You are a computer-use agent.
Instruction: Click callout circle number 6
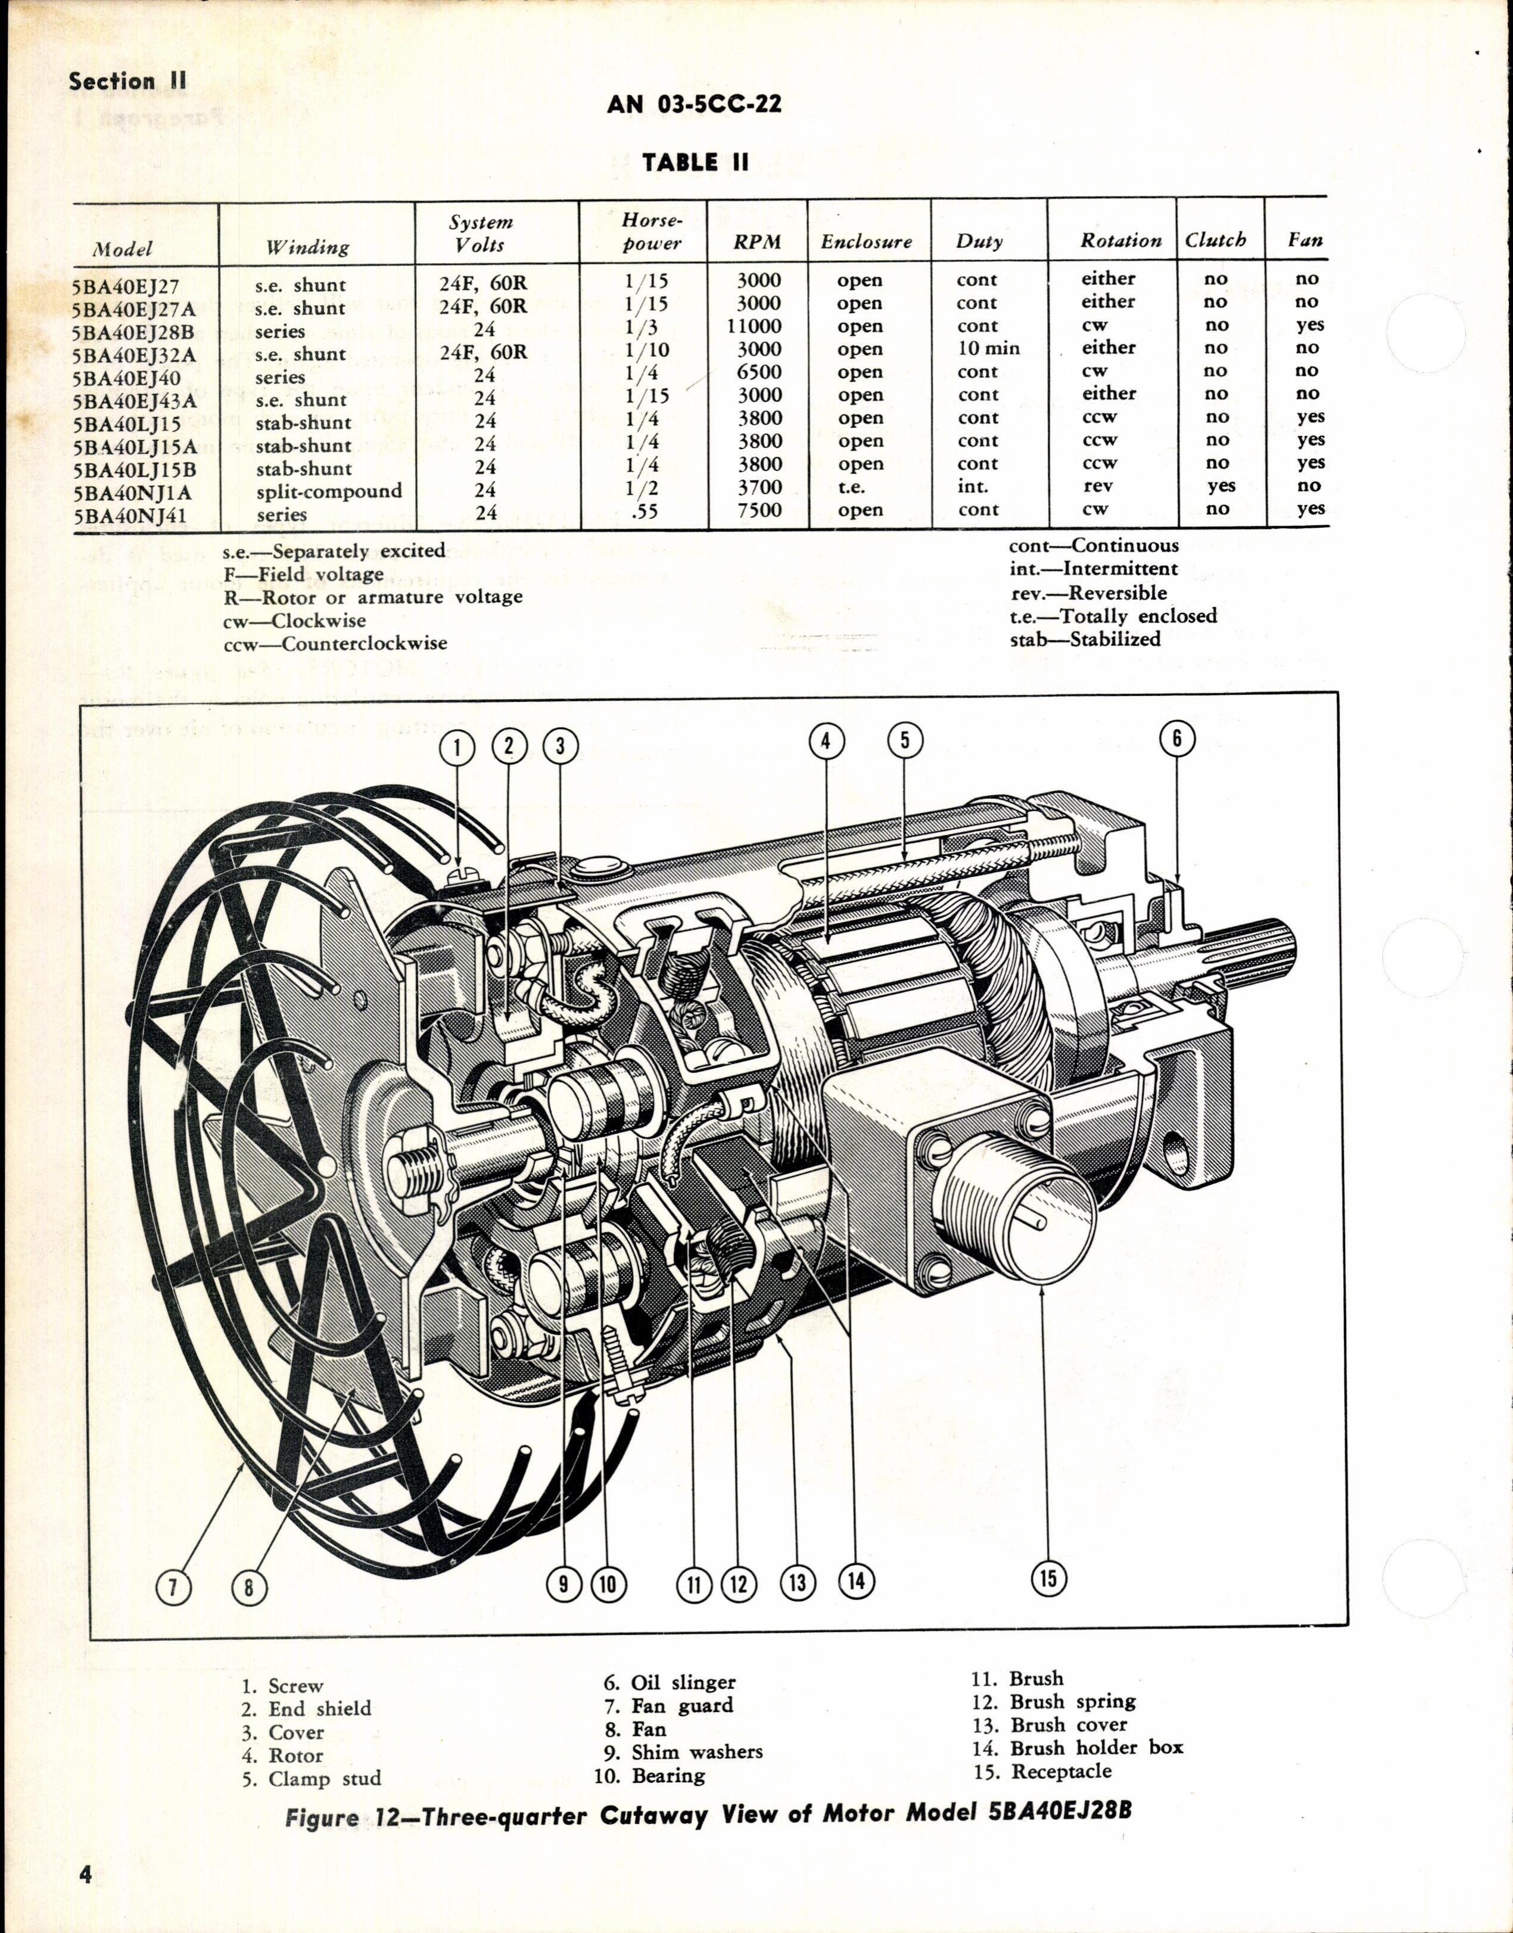click(x=1177, y=739)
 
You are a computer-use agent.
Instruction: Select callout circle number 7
click(x=173, y=1586)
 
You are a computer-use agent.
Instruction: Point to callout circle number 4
click(x=826, y=740)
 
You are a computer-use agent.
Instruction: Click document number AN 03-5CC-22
click(x=695, y=104)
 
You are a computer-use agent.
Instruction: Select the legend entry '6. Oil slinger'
click(x=671, y=1682)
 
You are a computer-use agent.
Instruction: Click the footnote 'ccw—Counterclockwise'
click(x=335, y=643)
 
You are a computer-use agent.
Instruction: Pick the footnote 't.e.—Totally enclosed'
click(x=1113, y=616)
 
